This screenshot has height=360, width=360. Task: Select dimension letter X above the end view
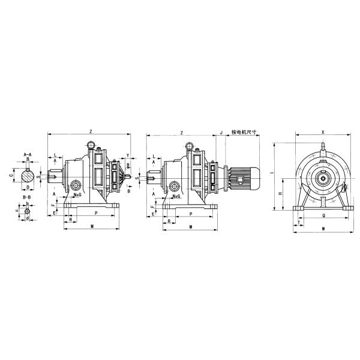pos(323,130)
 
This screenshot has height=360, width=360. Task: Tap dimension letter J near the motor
pos(221,131)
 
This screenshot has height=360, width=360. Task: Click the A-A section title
pos(28,155)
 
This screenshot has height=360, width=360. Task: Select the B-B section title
pos(27,197)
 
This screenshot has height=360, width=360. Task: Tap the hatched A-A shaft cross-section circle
pos(28,176)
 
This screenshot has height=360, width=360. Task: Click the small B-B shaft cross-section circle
pos(27,211)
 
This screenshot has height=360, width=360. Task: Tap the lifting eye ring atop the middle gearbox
pos(190,145)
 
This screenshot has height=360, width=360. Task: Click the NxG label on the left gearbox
pos(77,196)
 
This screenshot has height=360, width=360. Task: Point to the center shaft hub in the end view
pos(323,177)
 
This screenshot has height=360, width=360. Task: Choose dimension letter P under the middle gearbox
pos(190,213)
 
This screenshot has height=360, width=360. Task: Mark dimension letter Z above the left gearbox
pos(90,130)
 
